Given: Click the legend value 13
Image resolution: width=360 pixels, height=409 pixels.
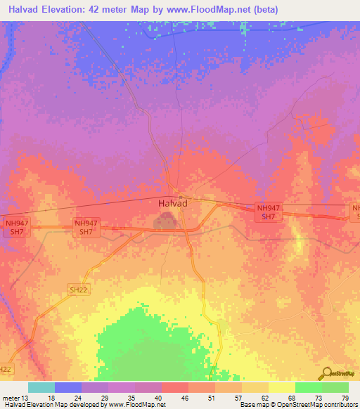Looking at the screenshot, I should click(26, 397).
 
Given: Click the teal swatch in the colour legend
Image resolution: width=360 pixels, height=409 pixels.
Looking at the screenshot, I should click(41, 387).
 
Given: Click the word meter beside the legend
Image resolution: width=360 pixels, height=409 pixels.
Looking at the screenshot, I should click(11, 397).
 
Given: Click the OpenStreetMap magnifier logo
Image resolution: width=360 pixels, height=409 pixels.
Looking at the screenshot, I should click(326, 373).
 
